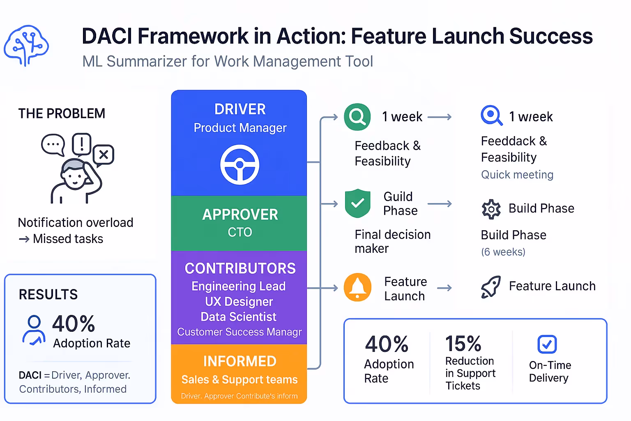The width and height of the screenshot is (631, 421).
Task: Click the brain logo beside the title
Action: pyautogui.click(x=26, y=46)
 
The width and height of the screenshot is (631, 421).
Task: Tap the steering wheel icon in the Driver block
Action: pyautogui.click(x=240, y=164)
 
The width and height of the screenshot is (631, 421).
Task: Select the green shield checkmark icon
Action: pyautogui.click(x=357, y=203)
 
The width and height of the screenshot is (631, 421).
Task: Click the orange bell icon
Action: pyautogui.click(x=357, y=287)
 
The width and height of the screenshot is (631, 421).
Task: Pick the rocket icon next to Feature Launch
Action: pyautogui.click(x=491, y=287)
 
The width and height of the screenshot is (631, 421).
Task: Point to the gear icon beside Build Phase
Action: pyautogui.click(x=491, y=209)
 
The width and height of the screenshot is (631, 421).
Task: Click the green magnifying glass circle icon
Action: pyautogui.click(x=357, y=117)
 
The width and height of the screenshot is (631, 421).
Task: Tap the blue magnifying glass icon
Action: pyautogui.click(x=491, y=116)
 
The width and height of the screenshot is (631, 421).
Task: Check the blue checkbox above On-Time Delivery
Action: pyautogui.click(x=547, y=344)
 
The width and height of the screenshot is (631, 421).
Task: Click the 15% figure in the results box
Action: pyautogui.click(x=463, y=343)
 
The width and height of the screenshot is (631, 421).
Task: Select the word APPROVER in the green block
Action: pyautogui.click(x=240, y=215)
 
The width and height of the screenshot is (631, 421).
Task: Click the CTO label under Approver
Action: pyautogui.click(x=240, y=232)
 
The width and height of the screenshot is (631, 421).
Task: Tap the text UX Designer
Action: pyautogui.click(x=239, y=301)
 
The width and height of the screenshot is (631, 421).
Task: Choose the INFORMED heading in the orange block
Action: pyautogui.click(x=240, y=361)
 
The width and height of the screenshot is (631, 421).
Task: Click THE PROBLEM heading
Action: pyautogui.click(x=62, y=113)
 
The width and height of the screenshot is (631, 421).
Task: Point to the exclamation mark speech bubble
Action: pyautogui.click(x=82, y=144)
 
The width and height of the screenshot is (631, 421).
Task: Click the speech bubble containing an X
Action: pyautogui.click(x=104, y=155)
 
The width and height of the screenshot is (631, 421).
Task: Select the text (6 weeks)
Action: pyautogui.click(x=503, y=252)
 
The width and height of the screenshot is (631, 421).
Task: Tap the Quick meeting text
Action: pyautogui.click(x=517, y=175)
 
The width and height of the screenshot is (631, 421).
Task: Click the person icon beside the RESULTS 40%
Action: pyautogui.click(x=34, y=330)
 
